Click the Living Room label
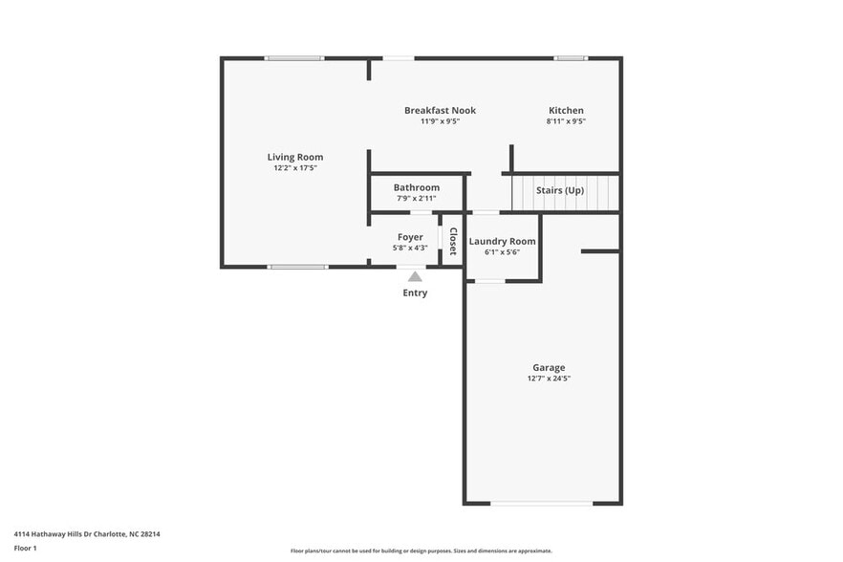coord(294,157)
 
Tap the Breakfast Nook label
coord(440,111)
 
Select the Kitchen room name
coord(566,111)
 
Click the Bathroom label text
coord(417,187)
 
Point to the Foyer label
coord(411,237)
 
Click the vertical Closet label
coord(453,241)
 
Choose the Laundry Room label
coord(503,242)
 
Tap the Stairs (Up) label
coord(560,190)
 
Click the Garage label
coord(549,367)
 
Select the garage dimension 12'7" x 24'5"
coord(549,378)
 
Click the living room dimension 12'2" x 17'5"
coord(294,168)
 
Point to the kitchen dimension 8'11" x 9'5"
coord(566,121)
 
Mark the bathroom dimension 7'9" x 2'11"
coord(417,199)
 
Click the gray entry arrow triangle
coord(415,276)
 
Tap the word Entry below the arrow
coord(415,292)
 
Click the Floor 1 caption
coord(25,548)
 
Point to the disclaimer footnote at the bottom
coord(421,551)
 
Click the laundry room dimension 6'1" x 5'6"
coord(503,252)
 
